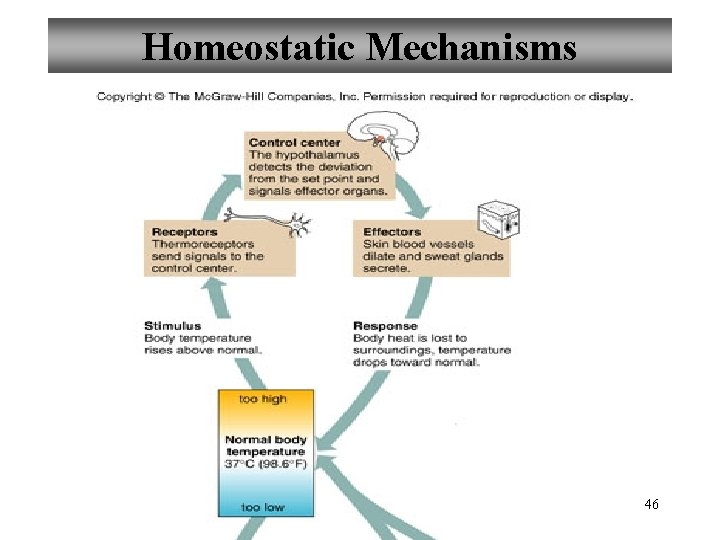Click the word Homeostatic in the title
point(249,47)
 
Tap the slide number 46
point(651,505)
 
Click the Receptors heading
point(184,232)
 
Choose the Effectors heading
point(391,232)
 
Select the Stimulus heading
point(172,326)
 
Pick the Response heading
point(385,326)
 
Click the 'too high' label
point(263,399)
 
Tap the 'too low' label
point(263,507)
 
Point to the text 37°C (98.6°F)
point(265,464)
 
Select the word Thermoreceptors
point(203,244)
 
